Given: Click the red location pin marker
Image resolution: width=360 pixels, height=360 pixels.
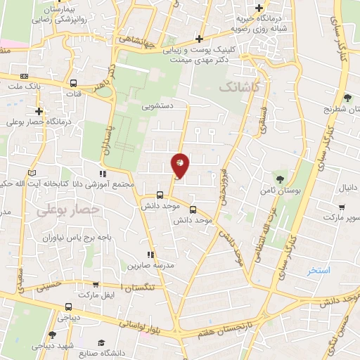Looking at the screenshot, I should [180, 165].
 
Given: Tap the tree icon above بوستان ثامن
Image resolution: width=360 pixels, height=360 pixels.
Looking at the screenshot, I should [281, 179].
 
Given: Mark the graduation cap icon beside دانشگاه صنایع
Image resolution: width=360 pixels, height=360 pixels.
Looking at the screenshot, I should [102, 342].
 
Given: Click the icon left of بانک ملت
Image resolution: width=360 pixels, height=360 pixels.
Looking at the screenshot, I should [25, 76].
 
